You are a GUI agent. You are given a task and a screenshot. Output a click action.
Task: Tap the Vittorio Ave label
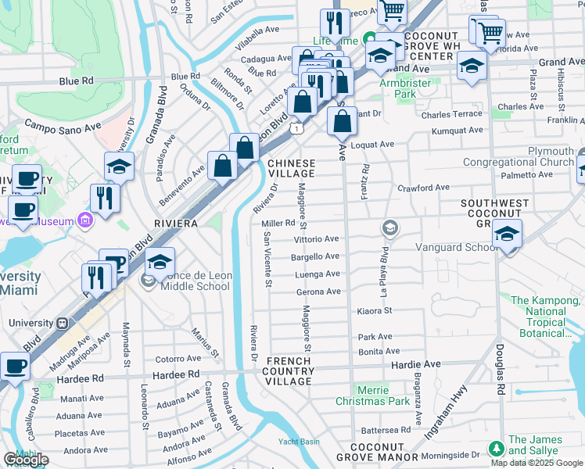coord(316,239)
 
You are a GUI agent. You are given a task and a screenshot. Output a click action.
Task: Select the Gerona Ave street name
coord(318,292)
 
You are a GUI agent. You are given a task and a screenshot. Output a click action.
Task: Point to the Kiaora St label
coord(375,310)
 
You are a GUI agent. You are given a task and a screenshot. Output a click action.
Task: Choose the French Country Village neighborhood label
coord(289,371)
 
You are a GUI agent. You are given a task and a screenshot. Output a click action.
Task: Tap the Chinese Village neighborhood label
coord(292,169)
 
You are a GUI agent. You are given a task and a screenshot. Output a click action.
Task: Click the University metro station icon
coord(62,323)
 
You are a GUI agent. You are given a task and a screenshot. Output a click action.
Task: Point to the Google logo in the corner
coord(25,460)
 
